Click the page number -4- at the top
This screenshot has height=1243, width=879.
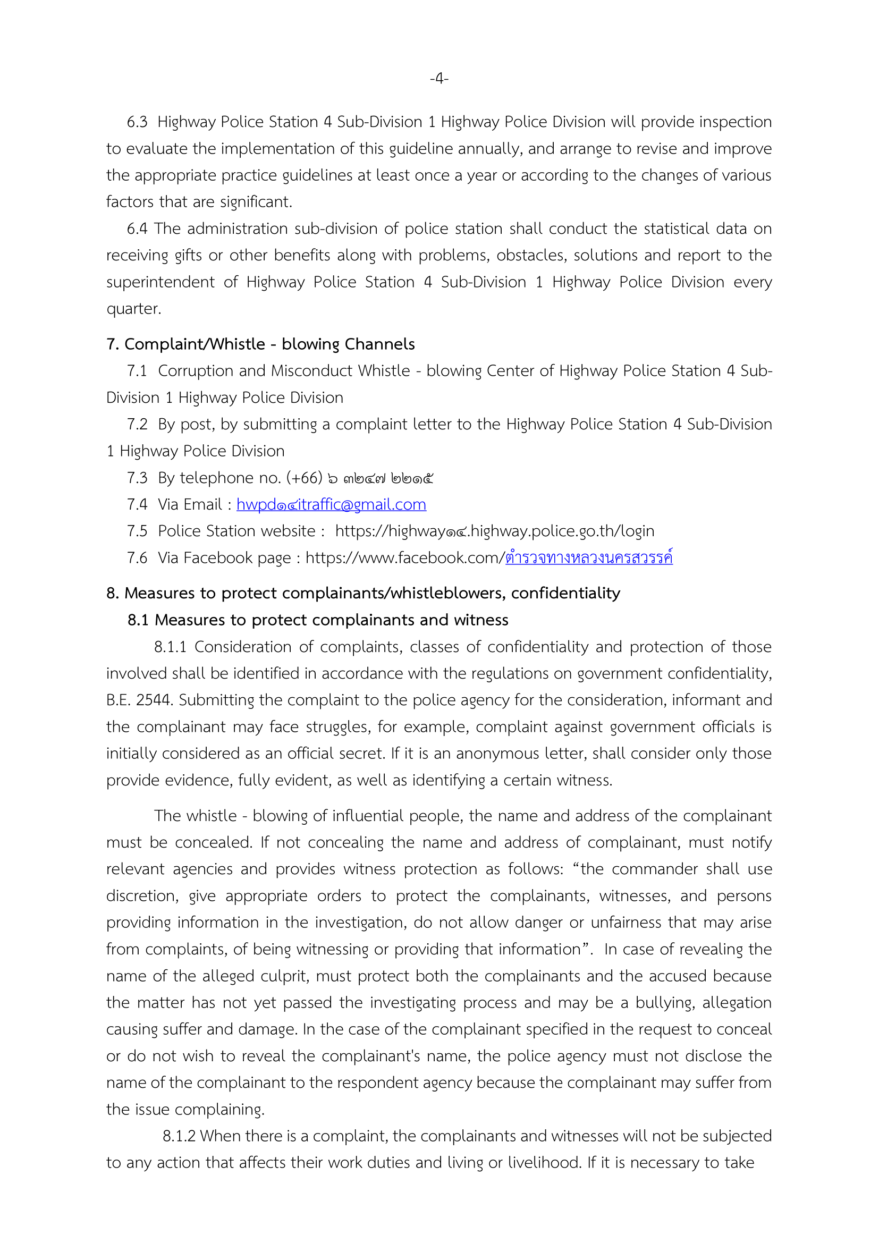[439, 79]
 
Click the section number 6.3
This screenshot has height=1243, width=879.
[137, 122]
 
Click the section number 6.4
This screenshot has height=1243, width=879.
[137, 229]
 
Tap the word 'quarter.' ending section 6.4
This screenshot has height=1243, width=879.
[134, 309]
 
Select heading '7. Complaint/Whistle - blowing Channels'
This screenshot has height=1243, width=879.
[260, 344]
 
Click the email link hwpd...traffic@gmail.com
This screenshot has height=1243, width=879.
[331, 504]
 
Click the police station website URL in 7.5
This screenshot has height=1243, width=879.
[494, 531]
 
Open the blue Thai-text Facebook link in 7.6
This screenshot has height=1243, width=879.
[589, 557]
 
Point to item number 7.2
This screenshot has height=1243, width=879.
[137, 425]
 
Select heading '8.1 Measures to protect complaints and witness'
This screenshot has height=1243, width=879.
[318, 620]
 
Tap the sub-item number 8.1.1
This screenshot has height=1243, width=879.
[170, 647]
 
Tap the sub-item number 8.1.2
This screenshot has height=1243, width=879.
[179, 1136]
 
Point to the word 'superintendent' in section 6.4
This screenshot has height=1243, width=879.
[160, 282]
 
